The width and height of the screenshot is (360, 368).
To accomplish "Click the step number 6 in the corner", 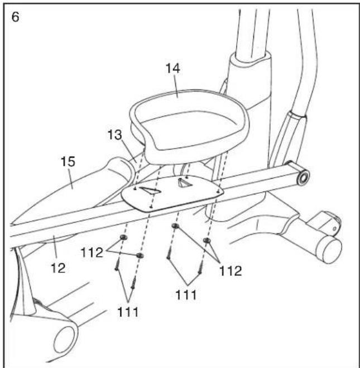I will click(x=15, y=16).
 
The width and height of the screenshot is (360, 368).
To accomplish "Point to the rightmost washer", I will click(x=207, y=241).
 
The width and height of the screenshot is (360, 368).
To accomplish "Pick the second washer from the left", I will click(x=140, y=256).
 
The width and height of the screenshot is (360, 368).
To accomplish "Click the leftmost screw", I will click(x=117, y=267).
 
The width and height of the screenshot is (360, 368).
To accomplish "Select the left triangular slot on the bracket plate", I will click(x=150, y=191).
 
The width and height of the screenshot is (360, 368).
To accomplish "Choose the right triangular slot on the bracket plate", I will click(x=183, y=182).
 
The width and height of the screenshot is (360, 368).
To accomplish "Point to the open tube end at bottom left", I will click(x=66, y=339).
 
